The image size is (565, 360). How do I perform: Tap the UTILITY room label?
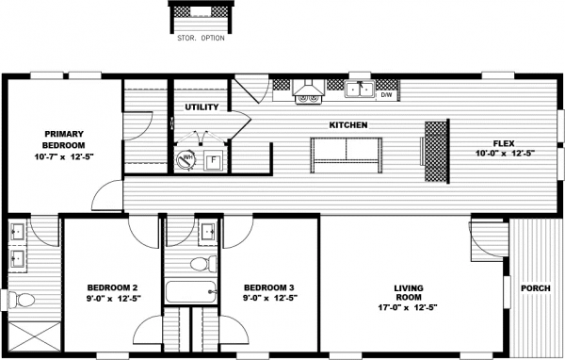click(x=202, y=107)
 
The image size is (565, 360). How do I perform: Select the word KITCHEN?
click(x=347, y=124)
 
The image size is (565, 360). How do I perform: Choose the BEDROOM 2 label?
click(x=112, y=286)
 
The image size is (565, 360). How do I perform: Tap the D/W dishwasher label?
click(x=386, y=94)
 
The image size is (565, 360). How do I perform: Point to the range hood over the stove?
click(x=307, y=91)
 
